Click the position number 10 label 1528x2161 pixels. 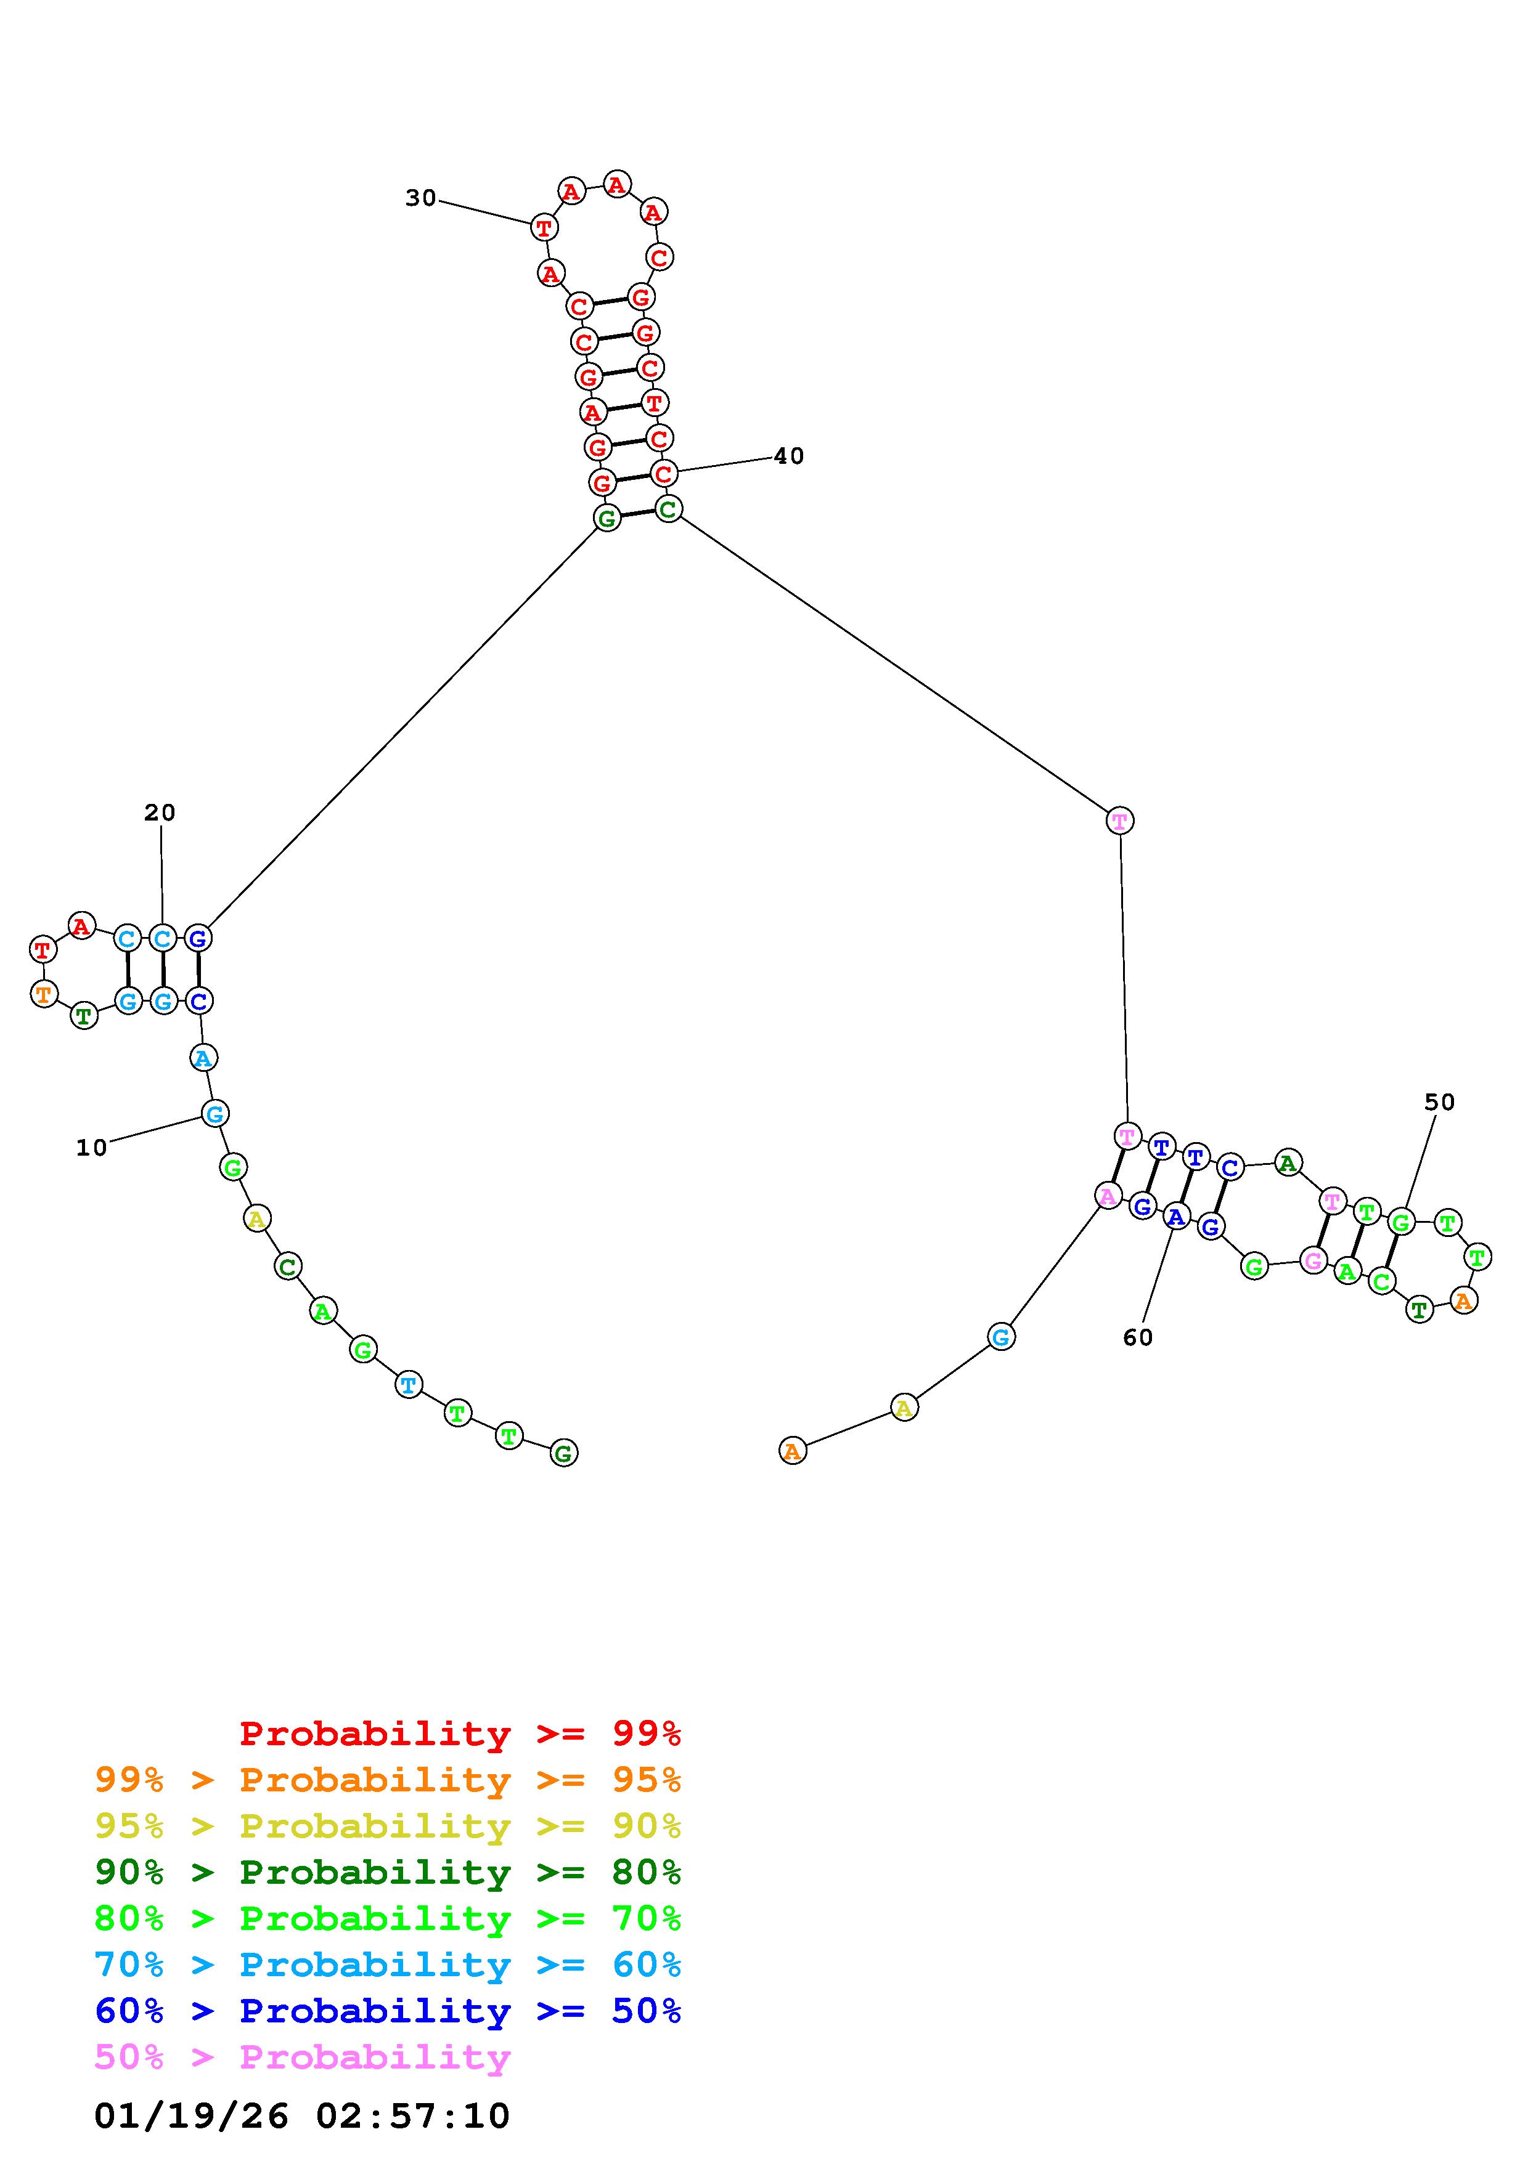click(91, 1147)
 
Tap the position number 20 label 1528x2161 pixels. click(160, 813)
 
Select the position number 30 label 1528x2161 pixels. click(421, 198)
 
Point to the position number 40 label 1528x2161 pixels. click(789, 456)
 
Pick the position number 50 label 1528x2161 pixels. click(1439, 1102)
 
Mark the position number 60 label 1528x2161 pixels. click(1137, 1337)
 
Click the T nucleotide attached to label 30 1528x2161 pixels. click(544, 227)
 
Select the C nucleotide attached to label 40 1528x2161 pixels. click(664, 474)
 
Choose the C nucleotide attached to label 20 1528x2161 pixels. click(163, 938)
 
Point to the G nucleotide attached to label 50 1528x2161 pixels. click(1402, 1223)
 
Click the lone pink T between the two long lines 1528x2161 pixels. click(1119, 821)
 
